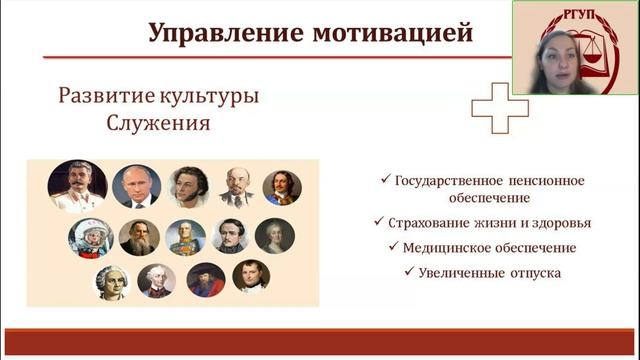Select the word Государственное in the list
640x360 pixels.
(x=461, y=181)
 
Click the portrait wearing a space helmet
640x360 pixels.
(x=90, y=237)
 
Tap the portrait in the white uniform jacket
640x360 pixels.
(x=77, y=186)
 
